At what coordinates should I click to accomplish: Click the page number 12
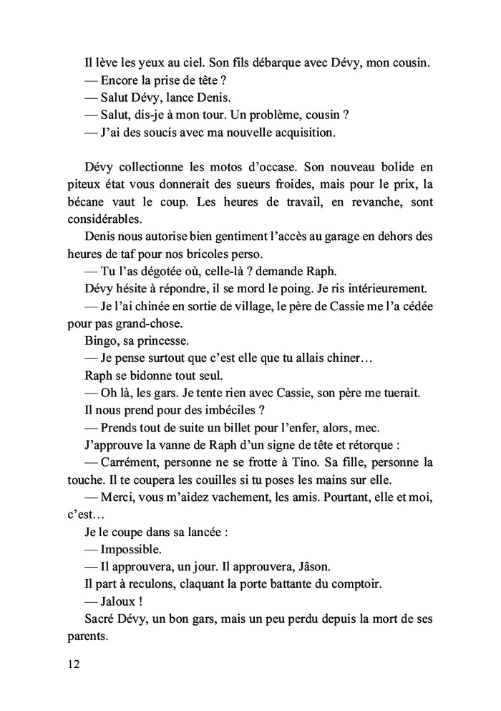[71, 664]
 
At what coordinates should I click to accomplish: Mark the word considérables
[105, 220]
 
